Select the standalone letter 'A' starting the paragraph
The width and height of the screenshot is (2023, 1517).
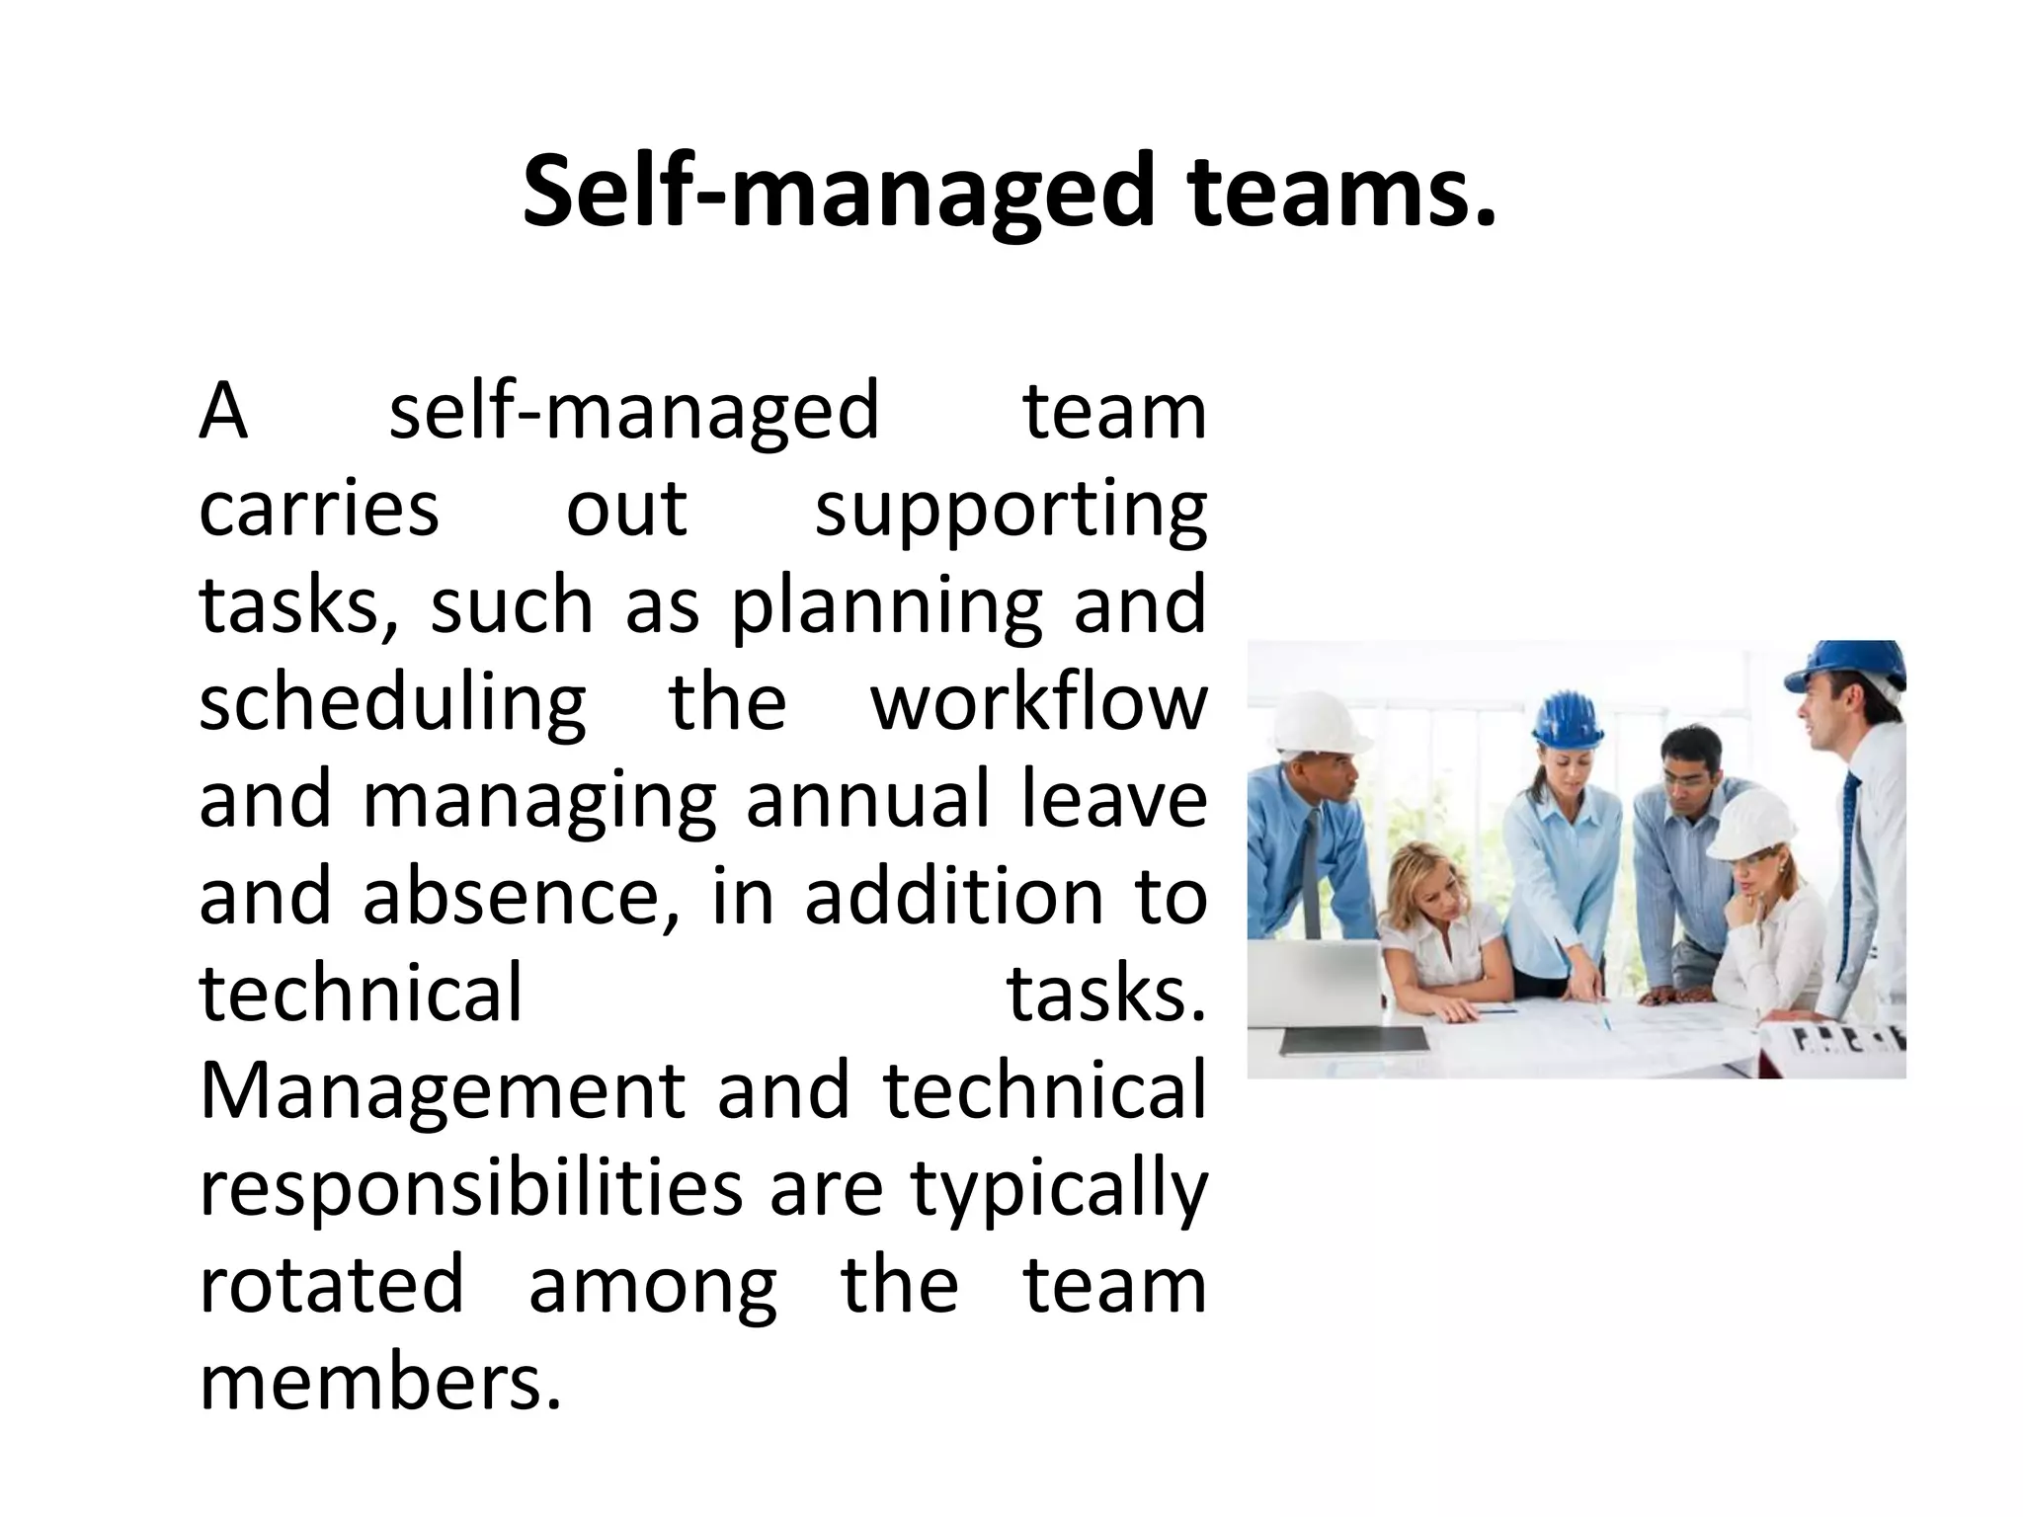pyautogui.click(x=222, y=412)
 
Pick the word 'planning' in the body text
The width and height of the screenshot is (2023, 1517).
pyautogui.click(x=886, y=607)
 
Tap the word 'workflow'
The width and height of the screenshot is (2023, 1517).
pyautogui.click(x=1038, y=703)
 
